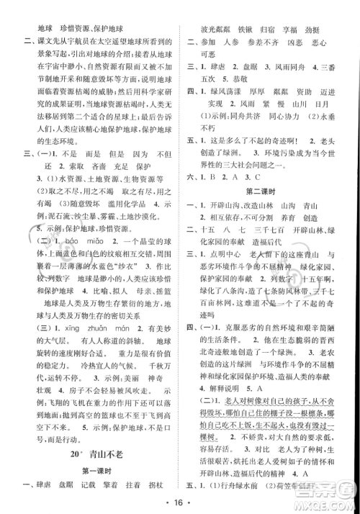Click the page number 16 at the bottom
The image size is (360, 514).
(x=180, y=499)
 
